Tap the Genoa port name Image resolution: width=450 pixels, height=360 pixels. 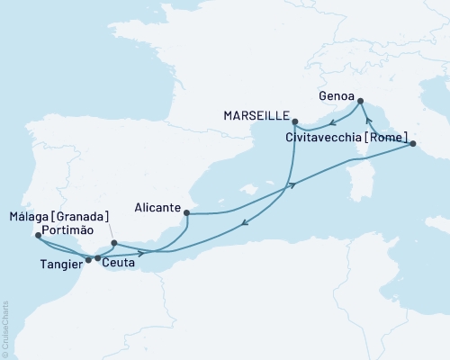(337, 93)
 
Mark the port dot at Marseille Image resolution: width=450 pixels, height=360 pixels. (295, 121)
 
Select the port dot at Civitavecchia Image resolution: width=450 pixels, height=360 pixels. (412, 143)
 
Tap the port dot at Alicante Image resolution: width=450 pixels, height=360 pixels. (186, 213)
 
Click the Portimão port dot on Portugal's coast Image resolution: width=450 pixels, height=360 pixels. (37, 236)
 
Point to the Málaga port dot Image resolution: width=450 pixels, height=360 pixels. (113, 243)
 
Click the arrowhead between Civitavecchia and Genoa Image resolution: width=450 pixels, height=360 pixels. (369, 119)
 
